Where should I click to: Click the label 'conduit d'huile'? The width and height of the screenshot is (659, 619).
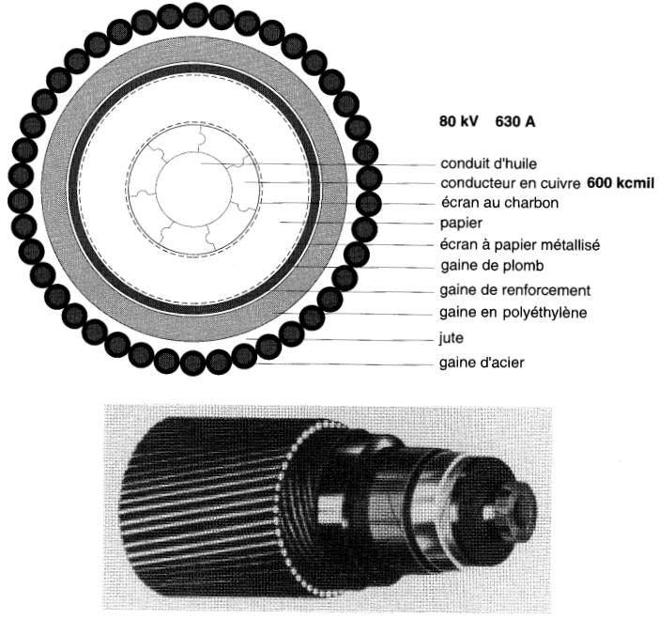488,163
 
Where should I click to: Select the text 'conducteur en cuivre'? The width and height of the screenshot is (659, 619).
511,183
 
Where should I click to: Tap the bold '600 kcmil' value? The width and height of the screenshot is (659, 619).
621,183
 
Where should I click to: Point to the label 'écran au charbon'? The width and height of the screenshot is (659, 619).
499,203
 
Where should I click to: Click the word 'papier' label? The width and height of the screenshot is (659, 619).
461,223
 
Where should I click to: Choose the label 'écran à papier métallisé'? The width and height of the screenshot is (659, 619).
519,244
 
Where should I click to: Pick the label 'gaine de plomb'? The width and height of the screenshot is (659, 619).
492,266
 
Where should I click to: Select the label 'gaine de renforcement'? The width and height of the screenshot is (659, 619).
514,290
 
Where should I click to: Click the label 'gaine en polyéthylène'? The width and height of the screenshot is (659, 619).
513,313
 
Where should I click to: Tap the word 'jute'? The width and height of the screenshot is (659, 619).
451,337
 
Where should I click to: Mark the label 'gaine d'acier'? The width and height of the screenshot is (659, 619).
482,363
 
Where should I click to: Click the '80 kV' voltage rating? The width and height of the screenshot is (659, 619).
458,121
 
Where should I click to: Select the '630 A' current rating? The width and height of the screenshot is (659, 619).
514,121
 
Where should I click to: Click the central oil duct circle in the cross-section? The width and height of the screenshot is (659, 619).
193,189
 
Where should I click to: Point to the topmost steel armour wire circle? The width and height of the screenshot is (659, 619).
195,14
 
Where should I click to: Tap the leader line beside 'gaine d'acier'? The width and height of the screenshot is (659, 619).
345,364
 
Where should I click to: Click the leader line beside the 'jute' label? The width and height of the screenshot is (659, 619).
340,339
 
